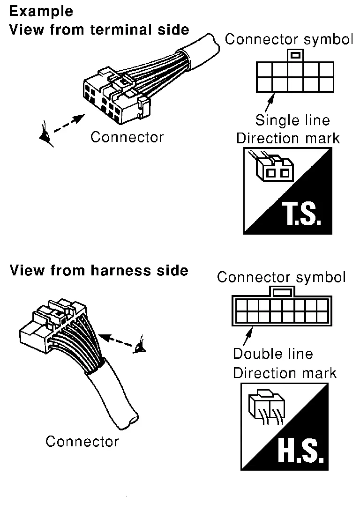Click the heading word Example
tap(41, 11)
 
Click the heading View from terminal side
tap(99, 30)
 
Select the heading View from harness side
tap(99, 270)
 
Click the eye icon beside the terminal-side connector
tap(46, 134)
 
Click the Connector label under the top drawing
tap(127, 137)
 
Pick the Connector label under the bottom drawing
tap(82, 441)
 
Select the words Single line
tap(292, 120)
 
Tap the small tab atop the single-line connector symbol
tap(295, 55)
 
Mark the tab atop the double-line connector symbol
tap(282, 292)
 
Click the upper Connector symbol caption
tap(289, 40)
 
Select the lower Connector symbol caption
tap(281, 277)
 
